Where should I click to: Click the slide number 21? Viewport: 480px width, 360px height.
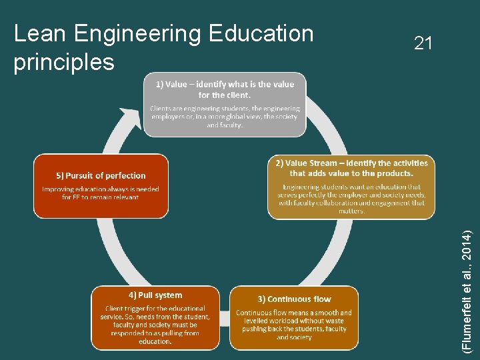[423, 44]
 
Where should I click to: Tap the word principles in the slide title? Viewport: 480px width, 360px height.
[64, 62]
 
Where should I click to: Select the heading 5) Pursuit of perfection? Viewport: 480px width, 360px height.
[101, 176]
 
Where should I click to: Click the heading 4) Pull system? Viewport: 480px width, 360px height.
[155, 295]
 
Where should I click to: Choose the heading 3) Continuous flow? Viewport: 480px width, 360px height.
[294, 299]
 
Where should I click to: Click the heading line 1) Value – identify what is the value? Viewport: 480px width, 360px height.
[225, 85]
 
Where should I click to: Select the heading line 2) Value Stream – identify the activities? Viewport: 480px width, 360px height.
[351, 163]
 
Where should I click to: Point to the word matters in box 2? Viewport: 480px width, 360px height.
[351, 211]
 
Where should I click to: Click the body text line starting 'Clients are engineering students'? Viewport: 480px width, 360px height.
[225, 108]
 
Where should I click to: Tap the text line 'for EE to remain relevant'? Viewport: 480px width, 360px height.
[101, 197]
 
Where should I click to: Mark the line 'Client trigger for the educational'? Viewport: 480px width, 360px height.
[155, 309]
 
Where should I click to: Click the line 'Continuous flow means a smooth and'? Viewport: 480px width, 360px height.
[294, 313]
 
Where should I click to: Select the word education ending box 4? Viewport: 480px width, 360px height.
[155, 341]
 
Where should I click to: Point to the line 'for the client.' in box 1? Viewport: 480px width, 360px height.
[225, 95]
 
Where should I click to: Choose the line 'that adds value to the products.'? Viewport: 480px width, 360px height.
[351, 173]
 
